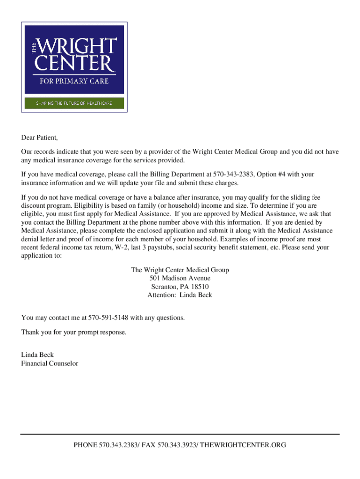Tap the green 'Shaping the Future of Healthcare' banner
(74, 103)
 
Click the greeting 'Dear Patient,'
(40, 138)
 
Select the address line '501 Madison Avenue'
(180, 278)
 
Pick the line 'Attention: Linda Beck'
(180, 295)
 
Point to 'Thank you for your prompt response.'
(74, 332)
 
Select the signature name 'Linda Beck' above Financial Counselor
(37, 355)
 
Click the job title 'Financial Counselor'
(50, 363)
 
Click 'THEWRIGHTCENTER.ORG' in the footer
(243, 445)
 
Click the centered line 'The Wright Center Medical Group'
(180, 270)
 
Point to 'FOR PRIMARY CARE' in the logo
(74, 81)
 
